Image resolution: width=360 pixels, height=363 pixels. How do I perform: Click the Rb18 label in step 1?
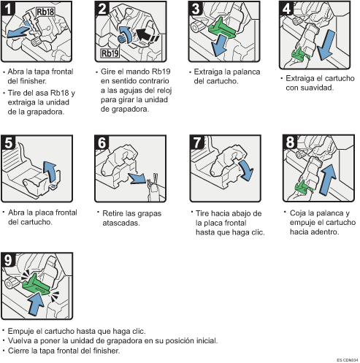tap(45, 12)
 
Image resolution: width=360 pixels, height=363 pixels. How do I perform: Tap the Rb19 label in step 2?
tap(110, 53)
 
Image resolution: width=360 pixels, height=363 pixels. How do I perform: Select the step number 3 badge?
tap(196, 9)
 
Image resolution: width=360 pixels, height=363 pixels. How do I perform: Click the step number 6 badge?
tap(102, 142)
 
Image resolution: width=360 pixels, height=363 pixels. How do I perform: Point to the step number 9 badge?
tap(9, 260)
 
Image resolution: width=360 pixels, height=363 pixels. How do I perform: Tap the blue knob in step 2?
tap(122, 39)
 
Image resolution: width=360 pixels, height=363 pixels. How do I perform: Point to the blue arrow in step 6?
tap(137, 178)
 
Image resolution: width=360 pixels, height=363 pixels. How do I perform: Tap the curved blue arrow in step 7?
tap(246, 170)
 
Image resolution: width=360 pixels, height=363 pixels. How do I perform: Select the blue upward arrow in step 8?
tap(327, 180)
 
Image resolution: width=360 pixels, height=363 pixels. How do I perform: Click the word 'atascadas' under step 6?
tap(121, 223)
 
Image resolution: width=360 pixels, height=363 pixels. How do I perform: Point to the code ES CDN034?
tap(348, 360)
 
